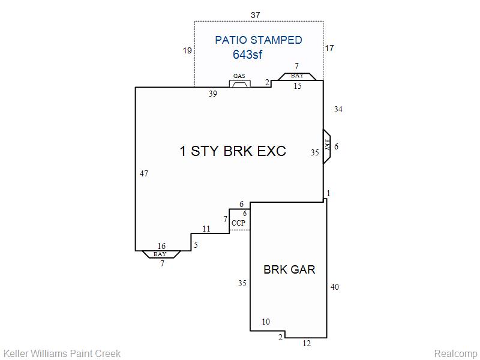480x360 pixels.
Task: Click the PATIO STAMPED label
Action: tap(259, 40)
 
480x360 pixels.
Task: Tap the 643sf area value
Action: tap(247, 55)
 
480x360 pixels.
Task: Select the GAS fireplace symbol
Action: tap(239, 83)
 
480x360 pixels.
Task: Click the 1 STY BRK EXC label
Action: tap(233, 151)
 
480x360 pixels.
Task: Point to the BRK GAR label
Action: tap(289, 269)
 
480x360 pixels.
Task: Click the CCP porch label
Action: tap(238, 223)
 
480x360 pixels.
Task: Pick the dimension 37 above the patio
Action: tap(256, 15)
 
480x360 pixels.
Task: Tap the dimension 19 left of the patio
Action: tap(187, 50)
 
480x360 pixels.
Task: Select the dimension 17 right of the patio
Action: tap(329, 48)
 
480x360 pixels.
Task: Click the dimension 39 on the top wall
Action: tap(213, 94)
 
